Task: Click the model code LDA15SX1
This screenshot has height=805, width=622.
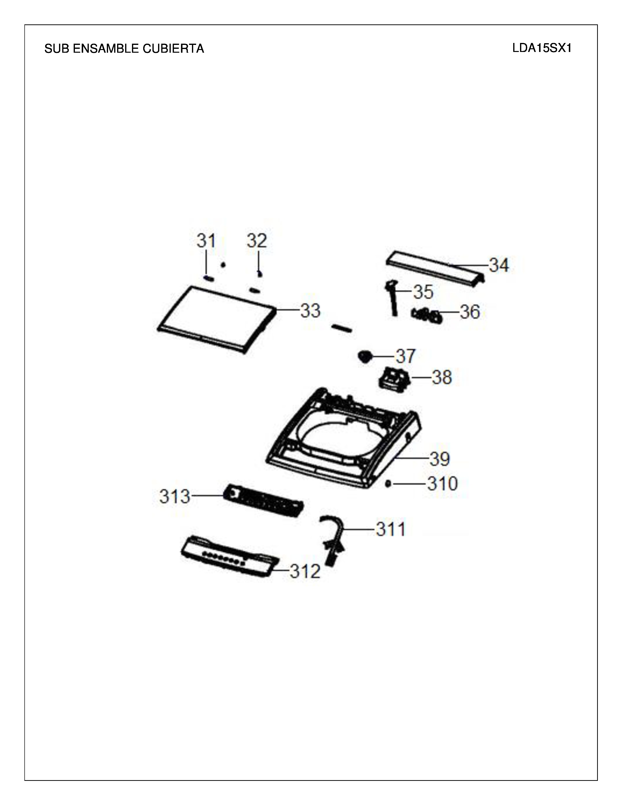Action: click(542, 48)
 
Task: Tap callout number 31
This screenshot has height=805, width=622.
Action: click(206, 241)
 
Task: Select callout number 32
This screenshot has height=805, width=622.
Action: click(257, 241)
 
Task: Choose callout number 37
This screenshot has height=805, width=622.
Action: click(406, 356)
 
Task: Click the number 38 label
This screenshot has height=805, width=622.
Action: click(442, 377)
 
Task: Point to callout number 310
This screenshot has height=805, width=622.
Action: click(442, 483)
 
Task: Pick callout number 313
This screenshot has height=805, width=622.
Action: click(175, 496)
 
